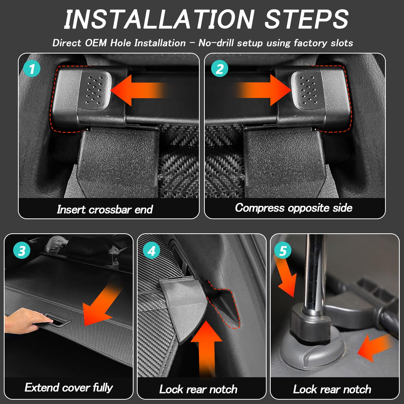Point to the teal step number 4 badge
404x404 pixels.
(151, 251)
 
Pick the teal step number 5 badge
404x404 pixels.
(283, 251)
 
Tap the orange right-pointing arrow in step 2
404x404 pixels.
(263, 90)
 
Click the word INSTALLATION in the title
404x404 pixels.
(159, 19)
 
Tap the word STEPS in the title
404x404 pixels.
(307, 19)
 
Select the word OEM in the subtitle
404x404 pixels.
(96, 43)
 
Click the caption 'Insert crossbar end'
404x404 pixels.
(105, 209)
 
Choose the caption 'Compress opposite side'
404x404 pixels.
(294, 208)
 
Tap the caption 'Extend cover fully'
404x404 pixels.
(69, 388)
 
